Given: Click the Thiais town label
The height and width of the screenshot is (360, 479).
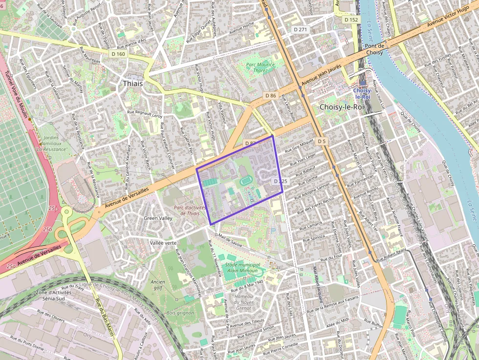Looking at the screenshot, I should click(x=132, y=84).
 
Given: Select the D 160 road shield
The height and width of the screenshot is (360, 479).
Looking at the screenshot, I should click(x=118, y=54).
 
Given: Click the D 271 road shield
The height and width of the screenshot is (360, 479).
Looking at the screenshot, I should click(x=301, y=30).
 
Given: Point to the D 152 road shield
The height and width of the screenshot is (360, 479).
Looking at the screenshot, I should click(x=351, y=20).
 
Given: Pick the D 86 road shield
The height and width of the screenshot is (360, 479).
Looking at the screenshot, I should click(x=270, y=96).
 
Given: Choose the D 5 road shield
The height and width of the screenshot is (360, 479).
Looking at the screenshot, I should click(x=321, y=141).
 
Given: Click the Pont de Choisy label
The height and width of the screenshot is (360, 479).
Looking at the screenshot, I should click(x=374, y=49).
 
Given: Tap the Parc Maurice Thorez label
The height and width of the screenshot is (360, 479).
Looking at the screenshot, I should click(x=260, y=67).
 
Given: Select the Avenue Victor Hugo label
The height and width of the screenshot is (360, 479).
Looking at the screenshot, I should click(x=448, y=17).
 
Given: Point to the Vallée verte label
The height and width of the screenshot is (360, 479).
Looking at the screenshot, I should click(x=163, y=243).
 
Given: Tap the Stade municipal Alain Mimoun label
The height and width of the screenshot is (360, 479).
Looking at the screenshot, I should click(x=243, y=268).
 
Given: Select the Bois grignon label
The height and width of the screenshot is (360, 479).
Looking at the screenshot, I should click(x=180, y=313).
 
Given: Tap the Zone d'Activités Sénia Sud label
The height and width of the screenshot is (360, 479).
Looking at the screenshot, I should click(x=54, y=295).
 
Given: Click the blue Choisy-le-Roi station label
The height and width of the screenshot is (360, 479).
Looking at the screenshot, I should click(x=362, y=94).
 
